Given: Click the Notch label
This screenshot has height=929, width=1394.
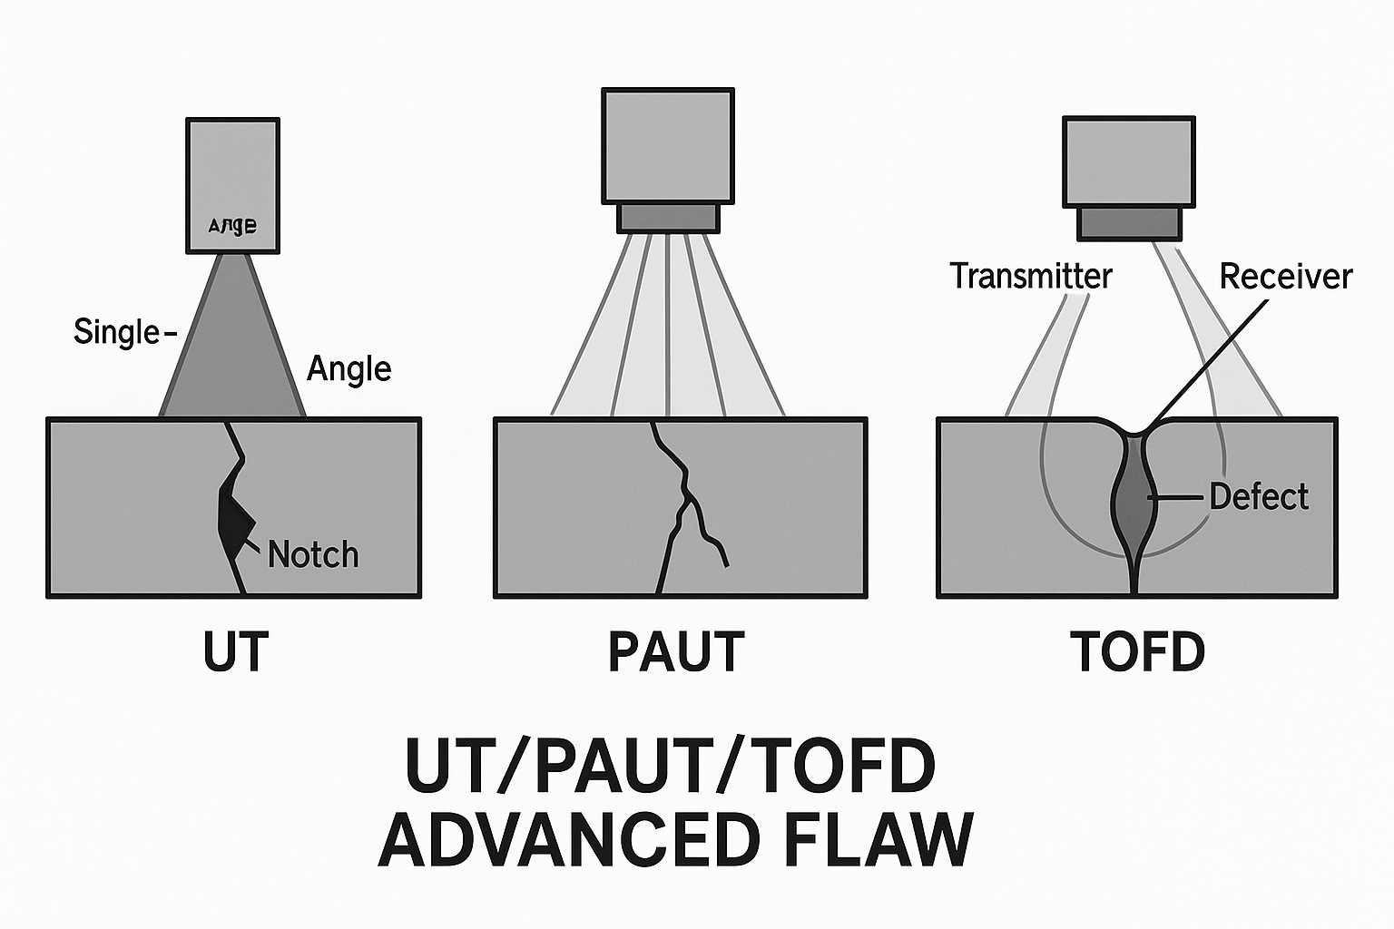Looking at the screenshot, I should pyautogui.click(x=313, y=554).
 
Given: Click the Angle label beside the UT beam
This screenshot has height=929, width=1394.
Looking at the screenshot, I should pyautogui.click(x=349, y=368).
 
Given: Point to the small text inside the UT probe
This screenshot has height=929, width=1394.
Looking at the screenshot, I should pyautogui.click(x=232, y=226).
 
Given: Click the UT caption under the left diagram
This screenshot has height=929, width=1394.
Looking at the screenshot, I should pyautogui.click(x=236, y=651).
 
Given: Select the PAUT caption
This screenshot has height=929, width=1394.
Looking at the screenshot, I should pyautogui.click(x=676, y=651).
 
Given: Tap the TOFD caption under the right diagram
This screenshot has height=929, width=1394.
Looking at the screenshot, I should pyautogui.click(x=1137, y=651).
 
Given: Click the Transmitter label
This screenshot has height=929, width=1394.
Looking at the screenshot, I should pyautogui.click(x=1031, y=276).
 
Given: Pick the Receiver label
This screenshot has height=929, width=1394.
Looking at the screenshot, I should pyautogui.click(x=1285, y=276).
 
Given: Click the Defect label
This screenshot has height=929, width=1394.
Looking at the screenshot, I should pyautogui.click(x=1259, y=496).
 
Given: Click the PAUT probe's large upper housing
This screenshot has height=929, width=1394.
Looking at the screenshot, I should pyautogui.click(x=668, y=145).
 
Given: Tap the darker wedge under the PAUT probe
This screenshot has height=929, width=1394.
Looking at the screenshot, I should pyautogui.click(x=668, y=218).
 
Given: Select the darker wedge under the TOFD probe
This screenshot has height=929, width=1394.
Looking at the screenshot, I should pyautogui.click(x=1129, y=223).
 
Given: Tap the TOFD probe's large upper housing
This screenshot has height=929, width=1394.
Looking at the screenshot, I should pyautogui.click(x=1128, y=161).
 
